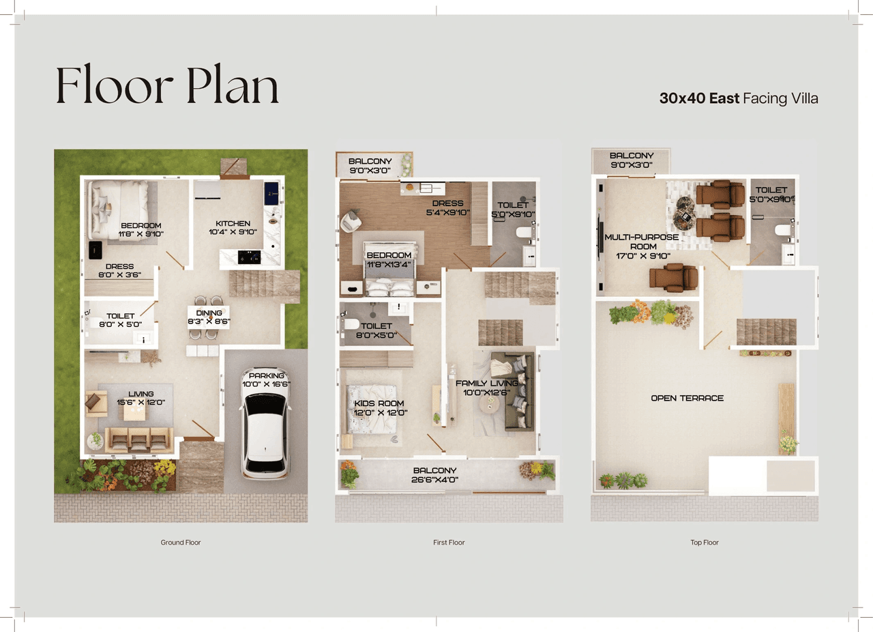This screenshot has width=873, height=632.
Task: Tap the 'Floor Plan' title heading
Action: (x=167, y=87)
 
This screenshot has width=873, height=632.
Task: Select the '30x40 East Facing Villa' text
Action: (x=738, y=98)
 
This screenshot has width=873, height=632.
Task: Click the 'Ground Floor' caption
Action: (x=181, y=543)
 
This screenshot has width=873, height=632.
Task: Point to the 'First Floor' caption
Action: (x=449, y=543)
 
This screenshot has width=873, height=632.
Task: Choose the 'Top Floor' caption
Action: (x=705, y=543)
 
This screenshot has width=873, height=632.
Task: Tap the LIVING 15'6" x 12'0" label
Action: (x=140, y=398)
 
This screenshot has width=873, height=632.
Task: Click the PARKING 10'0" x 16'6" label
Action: (x=267, y=380)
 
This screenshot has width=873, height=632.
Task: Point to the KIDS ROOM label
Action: (x=380, y=407)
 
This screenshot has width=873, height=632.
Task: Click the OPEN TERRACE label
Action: (x=687, y=398)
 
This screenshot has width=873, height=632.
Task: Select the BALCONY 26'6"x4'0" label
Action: (x=434, y=475)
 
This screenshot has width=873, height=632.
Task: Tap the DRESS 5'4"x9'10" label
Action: (x=447, y=207)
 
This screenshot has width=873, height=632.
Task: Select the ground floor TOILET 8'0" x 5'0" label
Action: (x=120, y=320)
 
